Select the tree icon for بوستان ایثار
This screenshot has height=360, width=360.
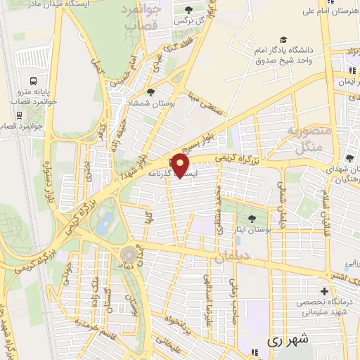(252, 219)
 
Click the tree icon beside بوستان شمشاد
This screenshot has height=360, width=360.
(150, 92)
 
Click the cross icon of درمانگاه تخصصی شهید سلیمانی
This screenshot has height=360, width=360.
(324, 291)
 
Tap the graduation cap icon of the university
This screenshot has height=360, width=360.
(283, 40)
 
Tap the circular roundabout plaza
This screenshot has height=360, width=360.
(129, 254)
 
